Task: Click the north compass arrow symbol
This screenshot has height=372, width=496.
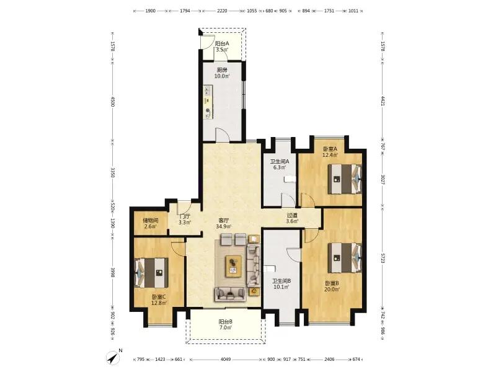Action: (x=113, y=358)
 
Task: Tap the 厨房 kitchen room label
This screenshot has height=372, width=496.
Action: (x=222, y=70)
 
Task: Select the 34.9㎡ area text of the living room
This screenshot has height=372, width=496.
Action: (x=224, y=226)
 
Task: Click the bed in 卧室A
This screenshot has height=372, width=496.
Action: (x=345, y=179)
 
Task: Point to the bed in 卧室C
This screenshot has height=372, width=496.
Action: (x=151, y=273)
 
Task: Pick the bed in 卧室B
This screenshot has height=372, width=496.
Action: (x=345, y=257)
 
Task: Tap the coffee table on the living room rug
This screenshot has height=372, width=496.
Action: (x=234, y=267)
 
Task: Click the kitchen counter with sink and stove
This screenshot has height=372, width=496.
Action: (x=208, y=102)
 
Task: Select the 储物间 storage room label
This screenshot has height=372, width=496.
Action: (x=150, y=220)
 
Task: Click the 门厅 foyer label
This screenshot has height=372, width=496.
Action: (x=185, y=216)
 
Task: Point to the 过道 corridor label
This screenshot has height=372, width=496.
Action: (x=292, y=215)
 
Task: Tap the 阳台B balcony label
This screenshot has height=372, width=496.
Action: (x=226, y=321)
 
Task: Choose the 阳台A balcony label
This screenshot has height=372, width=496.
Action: (x=222, y=43)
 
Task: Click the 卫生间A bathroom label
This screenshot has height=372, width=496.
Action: (x=280, y=161)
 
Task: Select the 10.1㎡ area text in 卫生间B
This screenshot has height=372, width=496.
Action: (x=281, y=287)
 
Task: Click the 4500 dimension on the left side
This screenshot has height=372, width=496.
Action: (x=113, y=102)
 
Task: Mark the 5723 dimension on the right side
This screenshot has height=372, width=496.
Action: (x=383, y=258)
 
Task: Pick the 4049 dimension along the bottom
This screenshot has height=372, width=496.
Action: (x=226, y=360)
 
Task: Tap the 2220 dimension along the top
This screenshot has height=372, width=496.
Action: (x=222, y=11)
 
